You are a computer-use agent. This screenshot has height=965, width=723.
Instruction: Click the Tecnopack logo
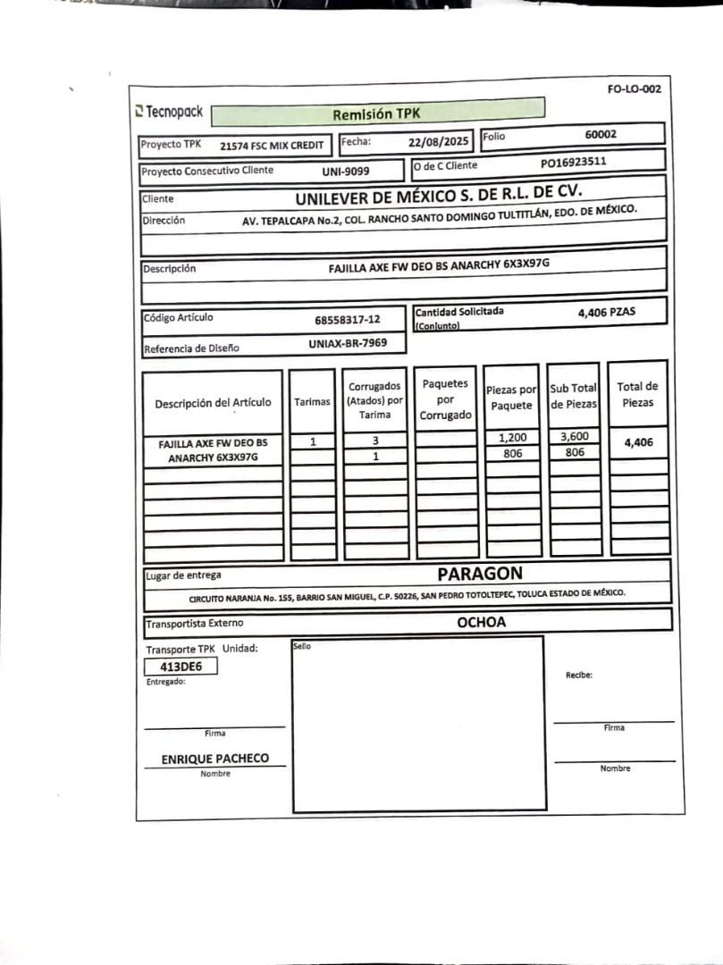(x=169, y=113)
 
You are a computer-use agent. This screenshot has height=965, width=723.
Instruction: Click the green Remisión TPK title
(x=376, y=113)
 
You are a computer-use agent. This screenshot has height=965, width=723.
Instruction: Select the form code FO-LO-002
(x=634, y=89)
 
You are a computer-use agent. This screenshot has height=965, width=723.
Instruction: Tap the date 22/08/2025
(x=438, y=141)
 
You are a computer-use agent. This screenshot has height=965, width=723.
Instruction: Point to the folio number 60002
(x=601, y=134)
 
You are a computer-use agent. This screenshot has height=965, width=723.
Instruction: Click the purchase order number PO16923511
(x=574, y=163)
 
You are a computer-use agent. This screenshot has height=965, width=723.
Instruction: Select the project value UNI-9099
(x=346, y=171)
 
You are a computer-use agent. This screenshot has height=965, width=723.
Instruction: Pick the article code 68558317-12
(x=347, y=319)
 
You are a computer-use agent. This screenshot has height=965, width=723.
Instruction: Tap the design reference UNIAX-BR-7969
(x=348, y=342)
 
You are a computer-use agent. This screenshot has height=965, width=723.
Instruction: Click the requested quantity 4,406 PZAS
(x=607, y=313)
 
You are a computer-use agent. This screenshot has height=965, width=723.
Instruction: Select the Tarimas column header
(x=312, y=402)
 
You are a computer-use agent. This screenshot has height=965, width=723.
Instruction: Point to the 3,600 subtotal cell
(x=574, y=437)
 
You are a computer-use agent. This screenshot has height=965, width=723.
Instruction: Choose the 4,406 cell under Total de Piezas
(x=638, y=441)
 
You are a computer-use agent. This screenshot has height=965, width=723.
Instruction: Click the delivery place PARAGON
(x=480, y=574)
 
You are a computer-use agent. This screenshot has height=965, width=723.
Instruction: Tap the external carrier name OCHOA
(x=481, y=622)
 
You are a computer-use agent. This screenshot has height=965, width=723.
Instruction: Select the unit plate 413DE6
(x=181, y=666)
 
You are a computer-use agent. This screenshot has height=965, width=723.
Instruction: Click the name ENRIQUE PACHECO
(x=214, y=759)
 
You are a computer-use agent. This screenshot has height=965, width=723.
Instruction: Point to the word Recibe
(x=579, y=675)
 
